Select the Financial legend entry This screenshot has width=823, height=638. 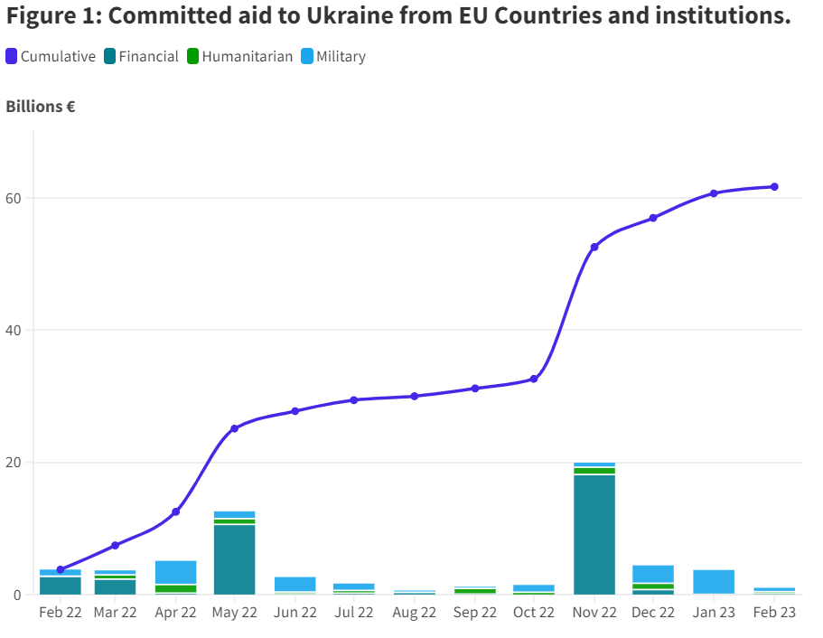(141, 56)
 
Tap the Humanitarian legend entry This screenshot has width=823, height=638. (239, 56)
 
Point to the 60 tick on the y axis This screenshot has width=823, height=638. (18, 198)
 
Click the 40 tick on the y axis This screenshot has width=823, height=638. (18, 331)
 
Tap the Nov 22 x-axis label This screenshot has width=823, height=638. (594, 613)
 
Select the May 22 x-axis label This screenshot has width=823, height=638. (234, 613)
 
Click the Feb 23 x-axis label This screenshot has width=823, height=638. (774, 613)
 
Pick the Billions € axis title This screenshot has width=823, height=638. (41, 107)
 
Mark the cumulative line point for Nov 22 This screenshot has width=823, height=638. (594, 247)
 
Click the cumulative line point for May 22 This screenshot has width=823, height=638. (234, 428)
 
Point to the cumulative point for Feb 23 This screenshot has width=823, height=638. (774, 187)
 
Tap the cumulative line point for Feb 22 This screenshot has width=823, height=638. (61, 569)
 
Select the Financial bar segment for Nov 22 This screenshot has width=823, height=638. (594, 533)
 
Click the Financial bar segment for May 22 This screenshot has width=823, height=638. (234, 558)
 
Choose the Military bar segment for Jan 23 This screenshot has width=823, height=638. (714, 581)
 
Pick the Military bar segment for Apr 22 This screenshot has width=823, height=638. (175, 572)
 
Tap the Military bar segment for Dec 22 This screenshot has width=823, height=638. (653, 573)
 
